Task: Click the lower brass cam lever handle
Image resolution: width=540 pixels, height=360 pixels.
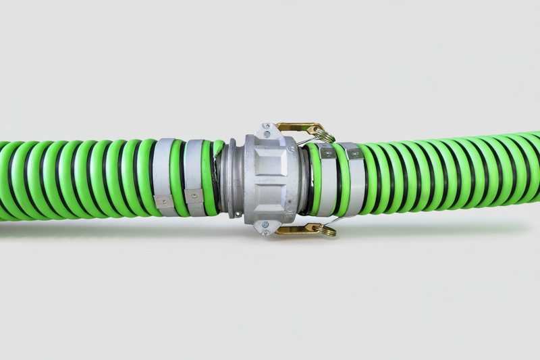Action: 297,230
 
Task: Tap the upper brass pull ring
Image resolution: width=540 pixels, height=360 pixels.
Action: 326,136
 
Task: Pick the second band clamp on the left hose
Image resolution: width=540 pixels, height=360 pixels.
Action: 194,177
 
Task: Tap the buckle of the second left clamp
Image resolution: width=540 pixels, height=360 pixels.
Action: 194,197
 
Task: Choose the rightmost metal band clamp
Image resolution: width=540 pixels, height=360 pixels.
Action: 353,179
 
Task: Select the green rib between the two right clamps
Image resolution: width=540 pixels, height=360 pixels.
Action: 340,179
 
